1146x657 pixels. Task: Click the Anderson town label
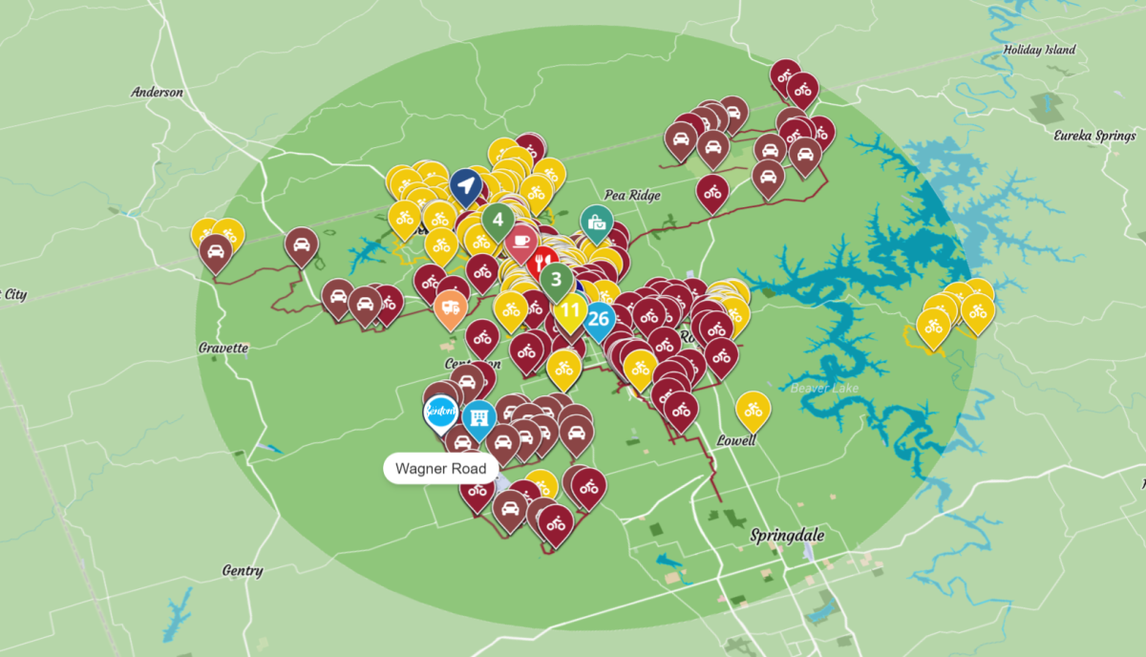[157, 93]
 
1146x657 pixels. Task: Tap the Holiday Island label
[1039, 50]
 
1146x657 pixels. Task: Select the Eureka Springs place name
[1094, 136]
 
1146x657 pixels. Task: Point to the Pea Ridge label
[632, 195]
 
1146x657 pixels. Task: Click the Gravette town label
[223, 348]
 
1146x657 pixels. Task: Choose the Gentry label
[242, 571]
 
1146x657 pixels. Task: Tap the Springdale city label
[787, 535]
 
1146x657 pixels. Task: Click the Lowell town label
[736, 440]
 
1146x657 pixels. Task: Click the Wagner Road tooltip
[441, 469]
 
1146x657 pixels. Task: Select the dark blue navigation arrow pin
[465, 186]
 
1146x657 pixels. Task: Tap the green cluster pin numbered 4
[498, 220]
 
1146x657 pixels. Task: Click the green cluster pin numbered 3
[556, 280]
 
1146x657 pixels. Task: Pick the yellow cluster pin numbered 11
[570, 309]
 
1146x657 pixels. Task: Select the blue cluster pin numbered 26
[599, 318]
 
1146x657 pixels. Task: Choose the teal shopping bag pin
[597, 223]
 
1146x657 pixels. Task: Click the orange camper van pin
[450, 307]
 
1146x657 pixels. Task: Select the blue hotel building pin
[478, 416]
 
